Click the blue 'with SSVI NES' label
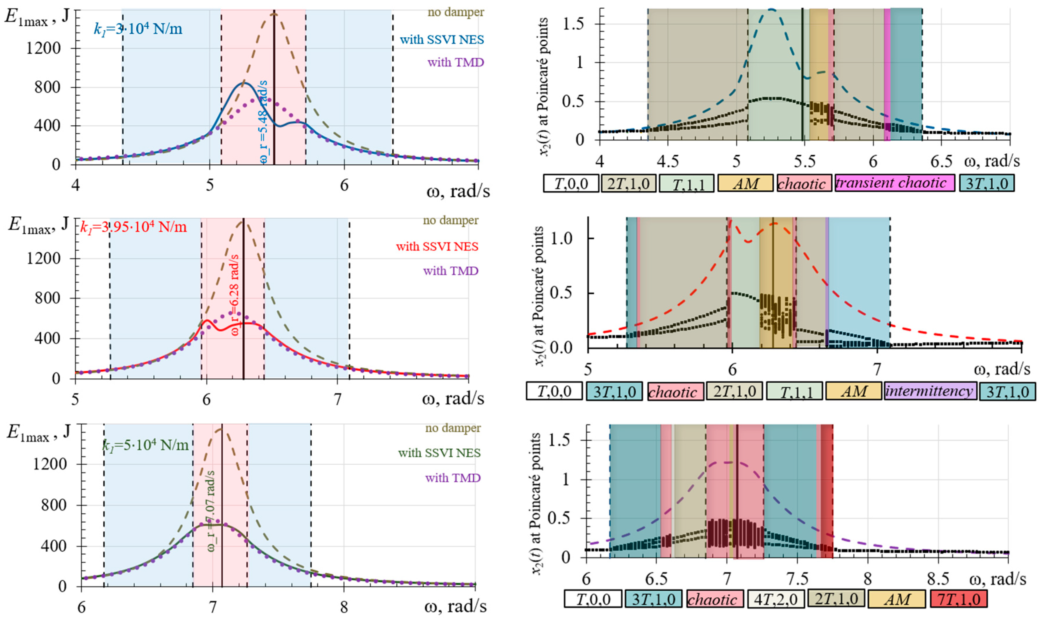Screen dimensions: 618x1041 pos(442,40)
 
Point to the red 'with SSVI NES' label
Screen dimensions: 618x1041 pos(437,247)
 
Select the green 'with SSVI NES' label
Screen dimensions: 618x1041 pos(439,453)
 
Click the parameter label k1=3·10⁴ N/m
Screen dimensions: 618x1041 pos(138,29)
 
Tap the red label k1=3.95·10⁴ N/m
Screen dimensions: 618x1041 pos(133,227)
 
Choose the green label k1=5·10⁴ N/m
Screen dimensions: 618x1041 pos(145,445)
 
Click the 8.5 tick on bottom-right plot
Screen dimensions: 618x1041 pos(938,579)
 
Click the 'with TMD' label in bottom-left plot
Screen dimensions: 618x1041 pos(452,478)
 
